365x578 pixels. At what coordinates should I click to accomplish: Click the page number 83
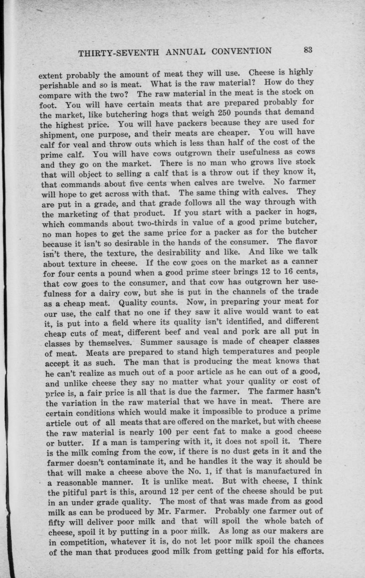pyautogui.click(x=308, y=50)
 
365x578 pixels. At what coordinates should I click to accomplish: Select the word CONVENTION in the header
pyautogui.click(x=241, y=51)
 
